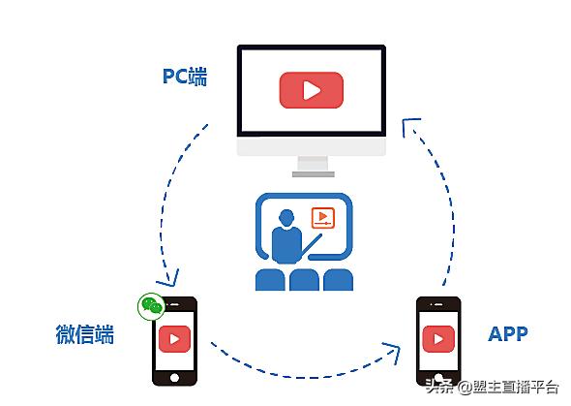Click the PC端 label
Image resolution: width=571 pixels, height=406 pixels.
(185, 77)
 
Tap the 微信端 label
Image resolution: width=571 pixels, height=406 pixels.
(84, 334)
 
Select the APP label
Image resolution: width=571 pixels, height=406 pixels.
(508, 334)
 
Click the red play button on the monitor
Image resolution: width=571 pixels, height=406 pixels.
(312, 90)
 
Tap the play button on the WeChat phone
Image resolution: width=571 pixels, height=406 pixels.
(174, 339)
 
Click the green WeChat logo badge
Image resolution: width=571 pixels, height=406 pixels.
(151, 306)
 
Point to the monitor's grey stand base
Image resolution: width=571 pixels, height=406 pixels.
(314, 174)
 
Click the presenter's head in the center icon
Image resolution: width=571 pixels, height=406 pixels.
(286, 218)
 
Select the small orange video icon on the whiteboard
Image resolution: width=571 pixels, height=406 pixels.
(322, 218)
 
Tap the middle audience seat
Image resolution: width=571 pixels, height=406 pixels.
(304, 279)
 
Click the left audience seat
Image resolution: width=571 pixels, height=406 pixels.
(270, 279)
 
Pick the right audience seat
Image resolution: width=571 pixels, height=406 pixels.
(339, 279)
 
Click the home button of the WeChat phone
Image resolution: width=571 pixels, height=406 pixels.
(174, 378)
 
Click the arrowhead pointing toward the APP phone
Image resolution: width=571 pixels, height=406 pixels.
(393, 352)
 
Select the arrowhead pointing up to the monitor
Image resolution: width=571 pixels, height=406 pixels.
(409, 126)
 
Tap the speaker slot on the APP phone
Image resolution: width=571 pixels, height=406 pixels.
(438, 304)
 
